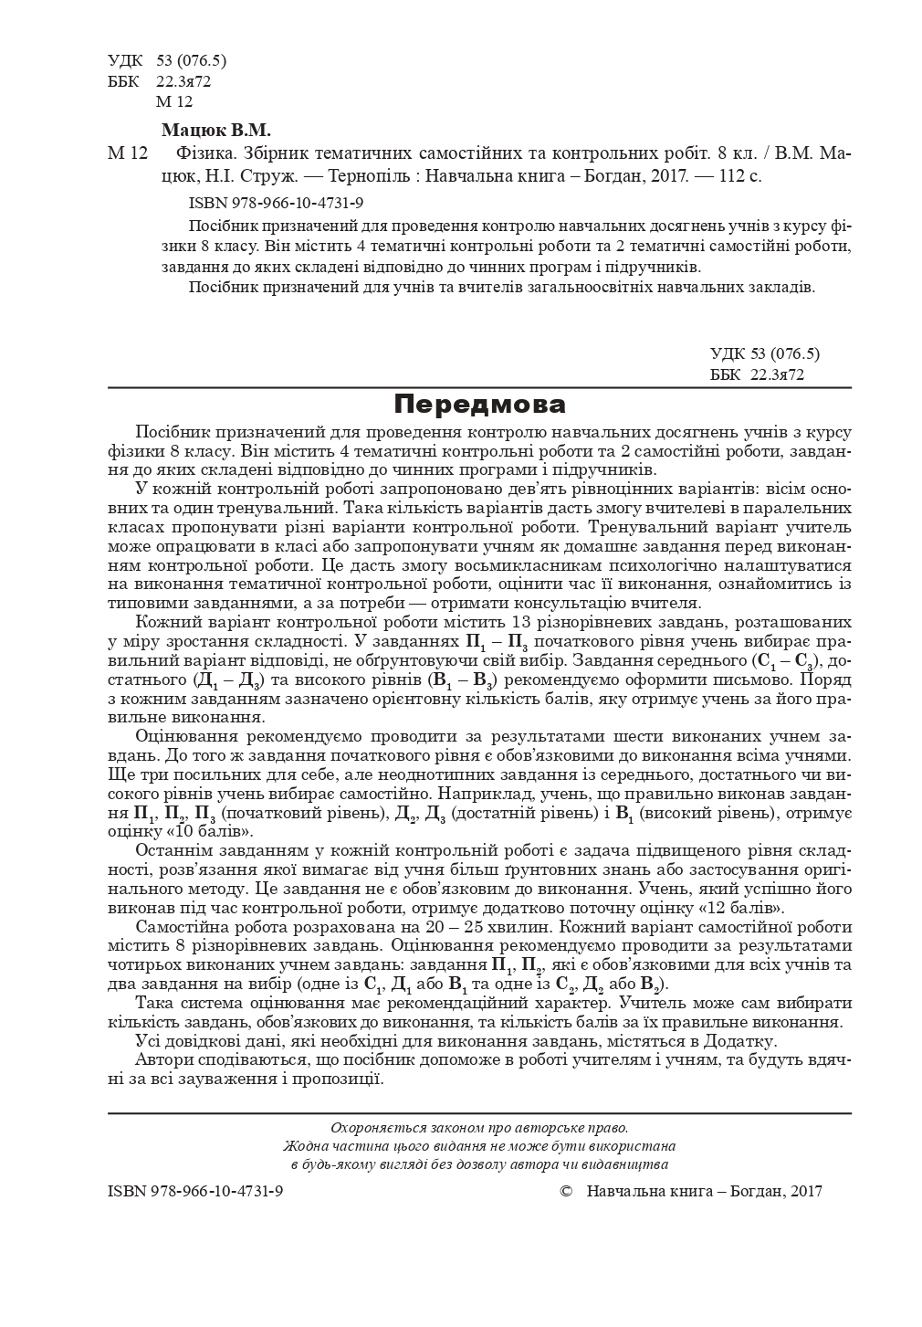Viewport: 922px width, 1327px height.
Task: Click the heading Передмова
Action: [480, 405]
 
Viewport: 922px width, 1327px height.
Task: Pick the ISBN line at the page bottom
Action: [194, 1191]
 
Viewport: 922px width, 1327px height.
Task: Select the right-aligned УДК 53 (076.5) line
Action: [765, 353]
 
